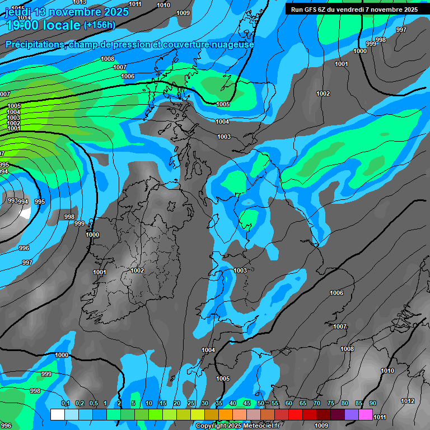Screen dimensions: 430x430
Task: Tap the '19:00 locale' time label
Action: point(43,25)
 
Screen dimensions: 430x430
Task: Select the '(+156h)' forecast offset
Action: point(99,25)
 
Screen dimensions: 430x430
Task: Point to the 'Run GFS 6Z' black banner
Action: point(354,9)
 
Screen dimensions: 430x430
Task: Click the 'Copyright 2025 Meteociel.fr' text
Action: point(237,426)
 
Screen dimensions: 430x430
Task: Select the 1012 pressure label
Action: point(408,401)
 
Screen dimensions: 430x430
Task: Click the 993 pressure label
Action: point(12,200)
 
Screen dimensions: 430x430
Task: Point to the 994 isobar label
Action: point(23,202)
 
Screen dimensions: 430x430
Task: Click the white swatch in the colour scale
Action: point(57,414)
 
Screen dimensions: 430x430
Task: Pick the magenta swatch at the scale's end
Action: point(366,414)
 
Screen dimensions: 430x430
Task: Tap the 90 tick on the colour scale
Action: point(372,404)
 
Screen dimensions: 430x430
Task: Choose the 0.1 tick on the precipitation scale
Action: point(65,404)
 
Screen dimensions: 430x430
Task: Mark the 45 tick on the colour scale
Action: point(247,404)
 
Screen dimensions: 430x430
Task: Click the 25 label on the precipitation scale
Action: point(191,404)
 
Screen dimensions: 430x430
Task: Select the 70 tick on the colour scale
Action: point(317,404)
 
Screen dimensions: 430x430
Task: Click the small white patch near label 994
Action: point(25,212)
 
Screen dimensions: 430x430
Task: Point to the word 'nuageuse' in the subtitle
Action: point(230,44)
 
